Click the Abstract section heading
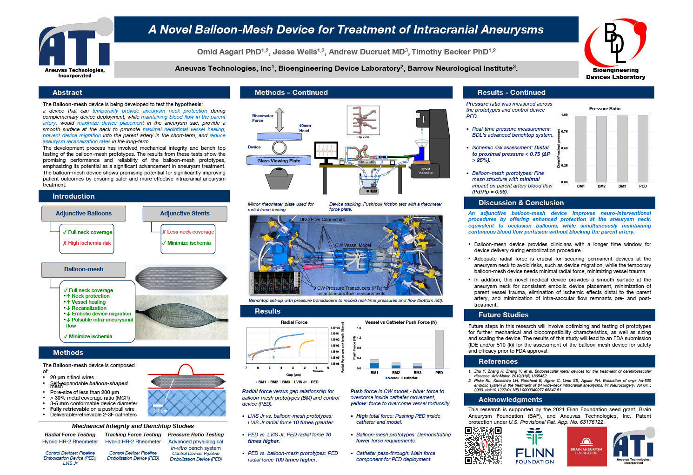[x=67, y=93]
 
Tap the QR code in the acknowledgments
[x=484, y=446]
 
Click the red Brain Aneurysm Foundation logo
[x=586, y=447]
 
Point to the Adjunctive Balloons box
[x=84, y=214]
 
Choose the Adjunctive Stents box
[x=185, y=214]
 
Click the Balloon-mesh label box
[x=84, y=269]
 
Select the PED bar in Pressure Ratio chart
[x=643, y=149]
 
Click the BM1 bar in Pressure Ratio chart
[x=581, y=149]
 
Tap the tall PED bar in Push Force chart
[x=439, y=349]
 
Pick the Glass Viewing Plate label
[x=279, y=161]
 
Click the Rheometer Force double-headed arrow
[x=279, y=120]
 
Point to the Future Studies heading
[x=503, y=315]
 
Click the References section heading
[x=498, y=361]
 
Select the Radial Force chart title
[x=294, y=322]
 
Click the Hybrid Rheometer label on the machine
[x=425, y=171]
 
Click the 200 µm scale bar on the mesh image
[x=160, y=407]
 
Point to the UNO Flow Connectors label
[x=322, y=219]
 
